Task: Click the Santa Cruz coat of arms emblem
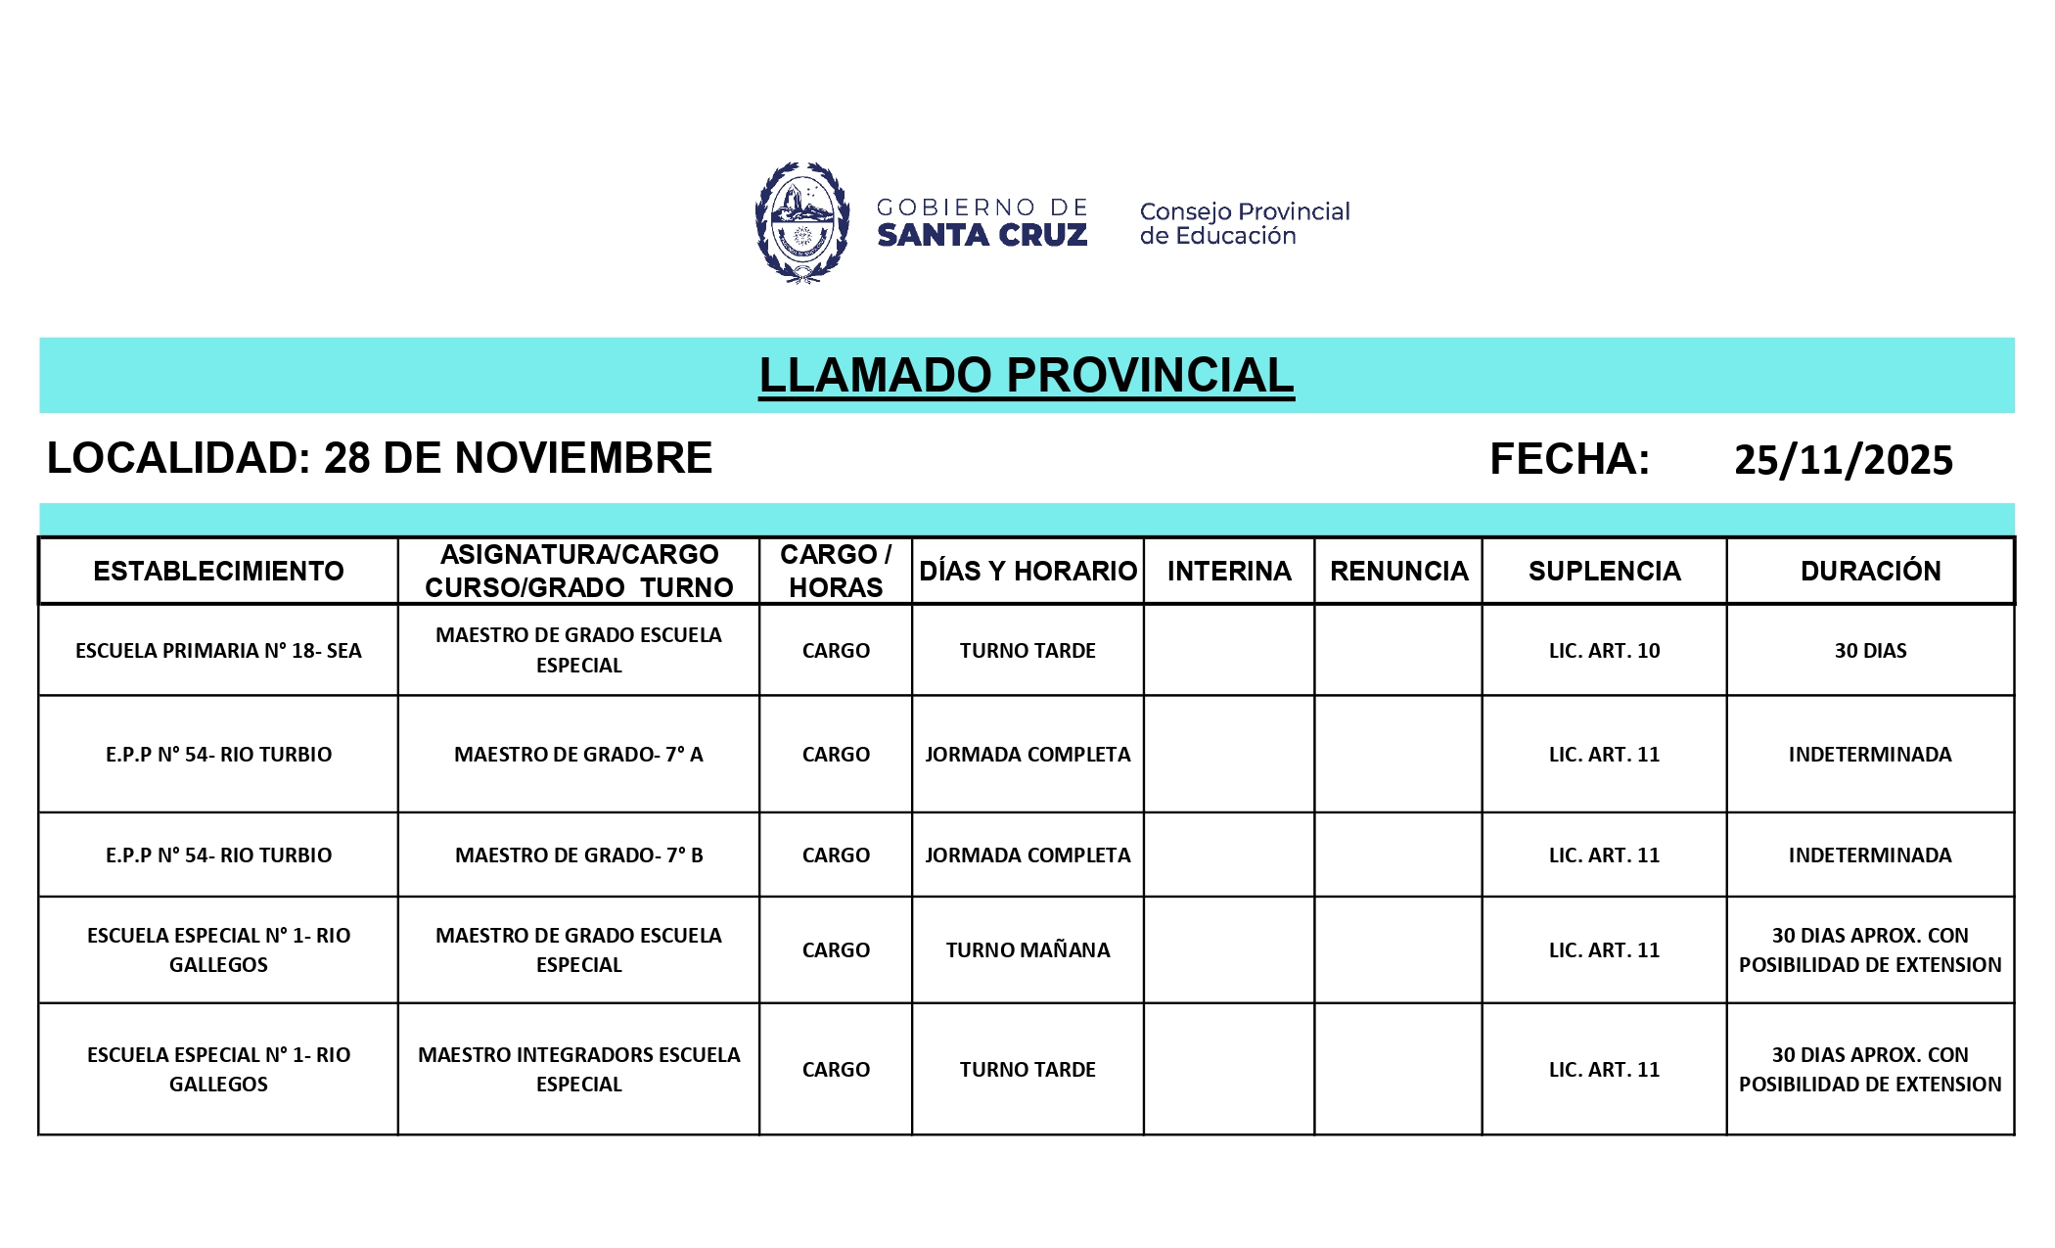click(x=801, y=222)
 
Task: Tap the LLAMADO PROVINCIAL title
click(x=1026, y=376)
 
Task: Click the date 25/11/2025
click(x=1843, y=460)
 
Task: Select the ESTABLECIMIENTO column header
click(x=218, y=571)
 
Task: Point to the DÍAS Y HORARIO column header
click(x=1027, y=571)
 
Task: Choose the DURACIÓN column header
click(x=1870, y=571)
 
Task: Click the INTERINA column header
click(x=1228, y=571)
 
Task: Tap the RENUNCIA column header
click(x=1398, y=571)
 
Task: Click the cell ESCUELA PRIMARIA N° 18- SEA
click(x=218, y=651)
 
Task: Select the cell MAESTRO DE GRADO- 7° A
click(x=578, y=755)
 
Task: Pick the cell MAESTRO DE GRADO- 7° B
click(x=578, y=855)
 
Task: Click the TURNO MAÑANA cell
click(x=1027, y=950)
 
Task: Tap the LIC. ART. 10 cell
click(x=1604, y=651)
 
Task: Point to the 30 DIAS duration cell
click(x=1870, y=651)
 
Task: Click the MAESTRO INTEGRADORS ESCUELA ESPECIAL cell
click(x=578, y=1069)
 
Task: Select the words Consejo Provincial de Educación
click(x=1244, y=223)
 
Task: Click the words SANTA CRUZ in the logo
click(x=982, y=236)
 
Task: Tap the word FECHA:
click(x=1569, y=459)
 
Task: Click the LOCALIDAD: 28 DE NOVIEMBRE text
click(x=380, y=458)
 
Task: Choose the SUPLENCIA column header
click(x=1604, y=571)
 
